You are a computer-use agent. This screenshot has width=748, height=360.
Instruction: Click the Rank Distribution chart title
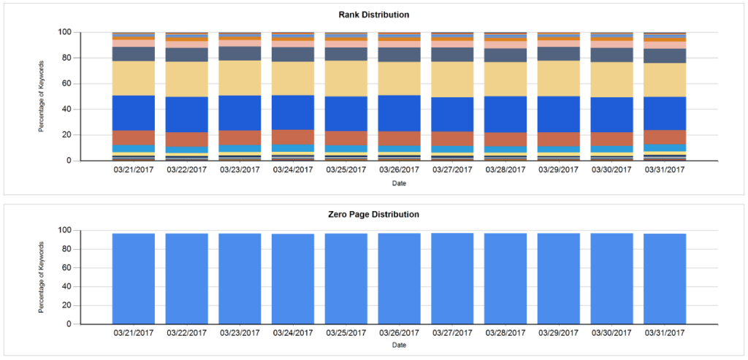click(x=374, y=15)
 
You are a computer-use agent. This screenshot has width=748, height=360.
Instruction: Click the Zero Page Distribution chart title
click(x=374, y=215)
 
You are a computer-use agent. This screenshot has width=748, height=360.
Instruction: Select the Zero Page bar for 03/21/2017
click(x=134, y=279)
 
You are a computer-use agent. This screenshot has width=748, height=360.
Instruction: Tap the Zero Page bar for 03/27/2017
click(x=452, y=278)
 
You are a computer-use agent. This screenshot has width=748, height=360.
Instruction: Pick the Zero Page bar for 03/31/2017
click(x=665, y=279)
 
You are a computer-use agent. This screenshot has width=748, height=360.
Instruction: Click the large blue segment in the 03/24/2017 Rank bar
click(x=293, y=112)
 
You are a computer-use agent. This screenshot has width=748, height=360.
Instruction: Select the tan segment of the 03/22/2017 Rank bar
click(x=186, y=79)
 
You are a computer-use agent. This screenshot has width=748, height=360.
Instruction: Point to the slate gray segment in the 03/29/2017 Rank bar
click(x=559, y=53)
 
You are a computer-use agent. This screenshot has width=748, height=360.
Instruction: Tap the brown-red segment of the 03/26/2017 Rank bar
click(x=400, y=138)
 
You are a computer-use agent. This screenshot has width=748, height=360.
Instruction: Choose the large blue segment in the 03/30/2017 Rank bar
click(x=611, y=115)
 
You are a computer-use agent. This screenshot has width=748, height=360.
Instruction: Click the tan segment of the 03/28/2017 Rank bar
click(x=505, y=79)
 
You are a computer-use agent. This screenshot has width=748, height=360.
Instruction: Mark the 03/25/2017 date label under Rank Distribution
click(x=346, y=171)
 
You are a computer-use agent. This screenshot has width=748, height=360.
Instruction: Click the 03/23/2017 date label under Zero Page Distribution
click(x=240, y=333)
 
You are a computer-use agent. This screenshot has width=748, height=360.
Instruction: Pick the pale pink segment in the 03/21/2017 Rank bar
click(x=134, y=43)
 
